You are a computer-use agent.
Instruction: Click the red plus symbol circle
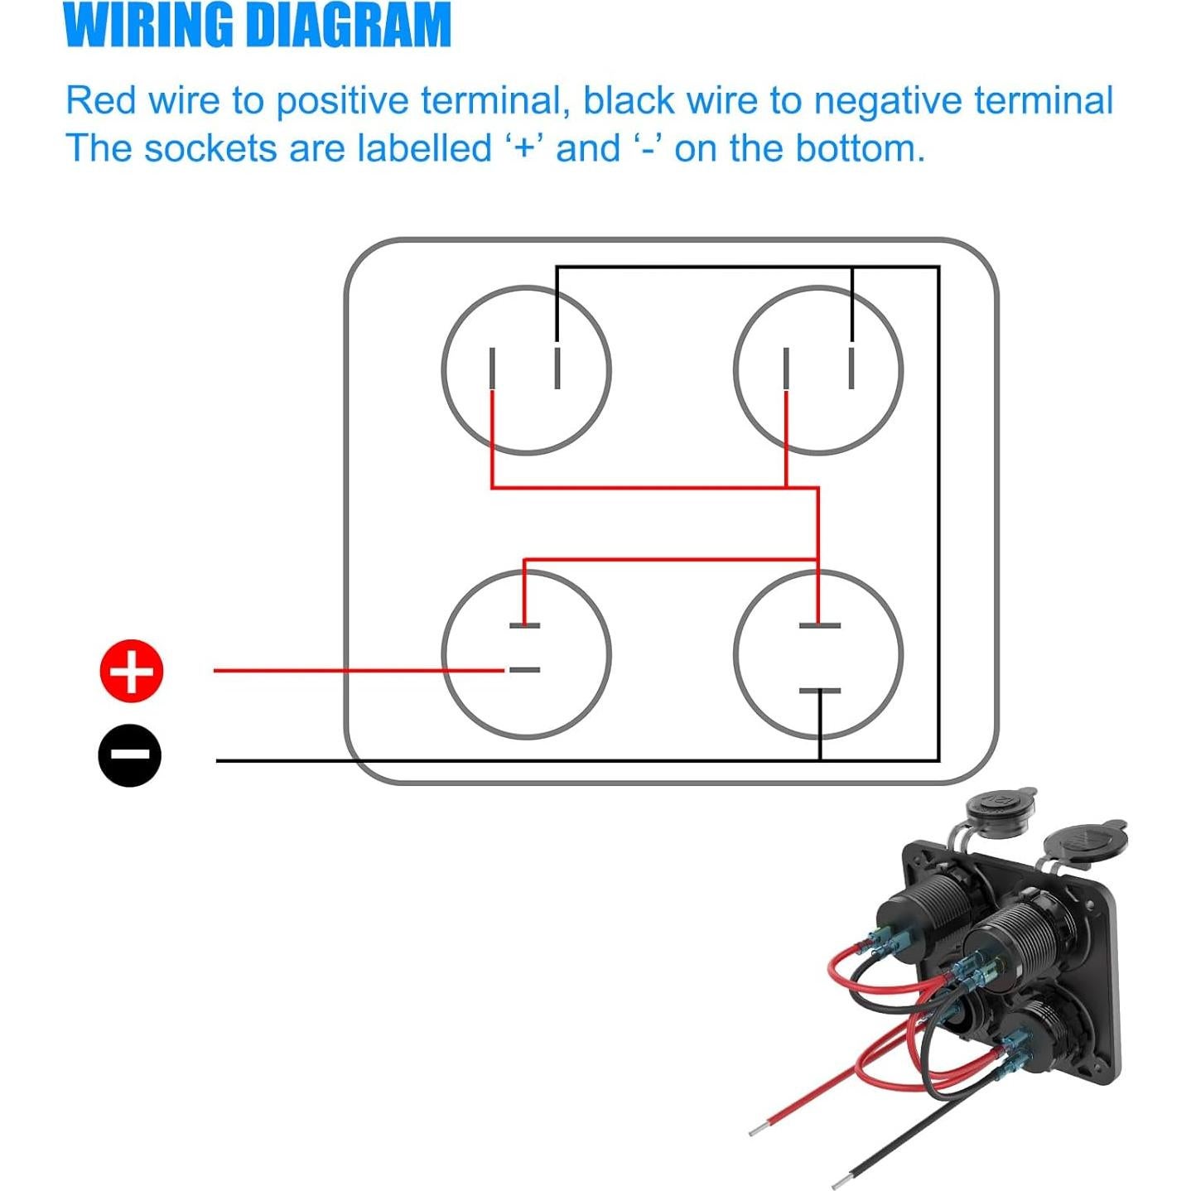pos(132,671)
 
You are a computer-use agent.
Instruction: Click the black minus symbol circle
pos(130,755)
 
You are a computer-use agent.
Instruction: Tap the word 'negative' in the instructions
pos(887,101)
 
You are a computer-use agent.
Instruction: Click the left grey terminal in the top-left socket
pos(493,369)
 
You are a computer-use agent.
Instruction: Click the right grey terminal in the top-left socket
pos(557,369)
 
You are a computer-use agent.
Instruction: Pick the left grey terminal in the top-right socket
pos(786,369)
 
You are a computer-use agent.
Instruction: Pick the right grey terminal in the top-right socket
pos(851,369)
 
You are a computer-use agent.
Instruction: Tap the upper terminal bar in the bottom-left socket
pos(524,625)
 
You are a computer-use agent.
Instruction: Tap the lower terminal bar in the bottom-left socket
pos(524,669)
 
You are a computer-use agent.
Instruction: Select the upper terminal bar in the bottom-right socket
pos(819,625)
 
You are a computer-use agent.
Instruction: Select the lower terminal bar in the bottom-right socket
pos(819,691)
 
